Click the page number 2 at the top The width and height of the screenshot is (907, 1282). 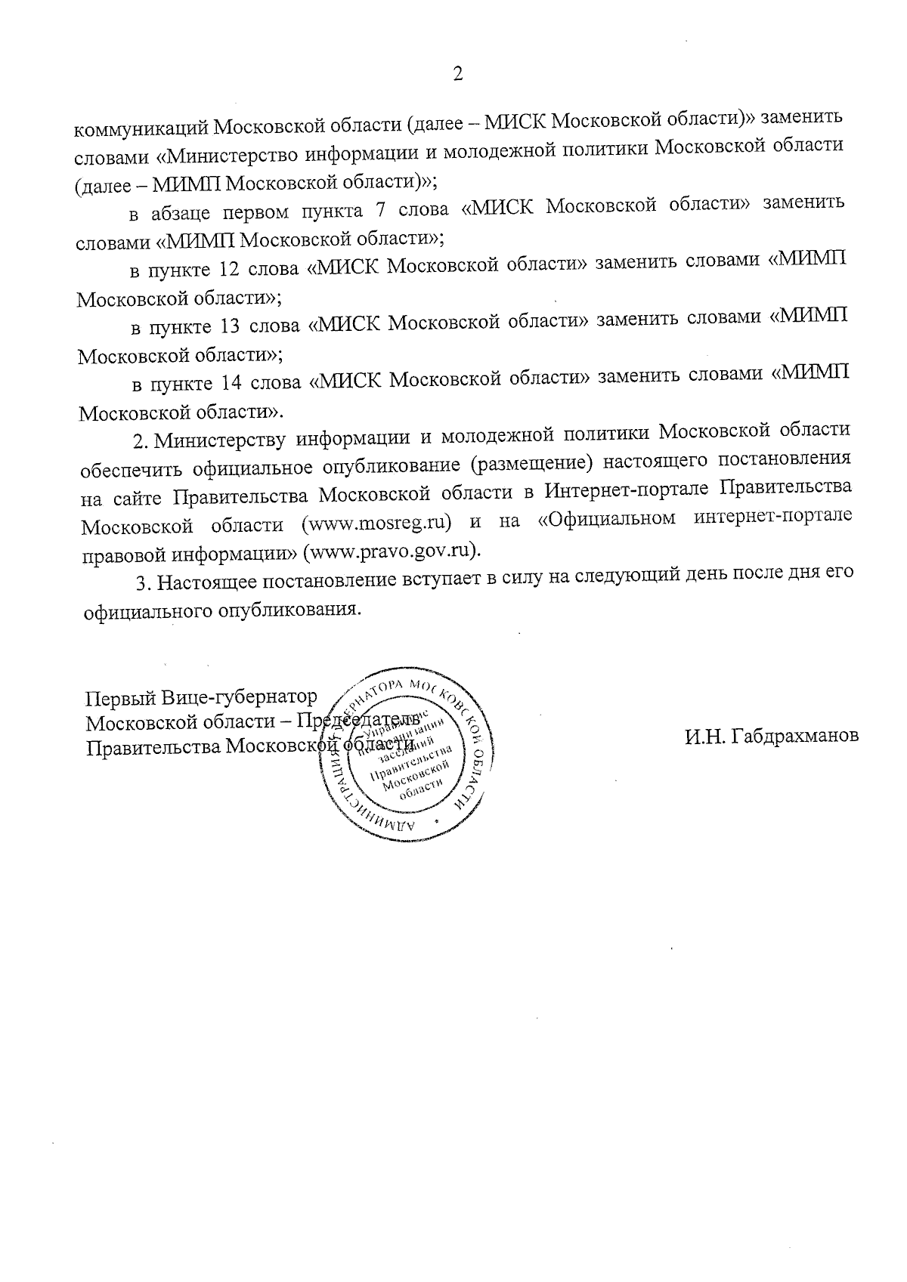(x=456, y=73)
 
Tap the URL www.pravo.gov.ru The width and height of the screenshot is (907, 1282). (x=392, y=550)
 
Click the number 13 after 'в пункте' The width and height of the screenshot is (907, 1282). (x=230, y=327)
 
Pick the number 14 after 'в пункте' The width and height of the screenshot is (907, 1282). (x=231, y=384)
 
